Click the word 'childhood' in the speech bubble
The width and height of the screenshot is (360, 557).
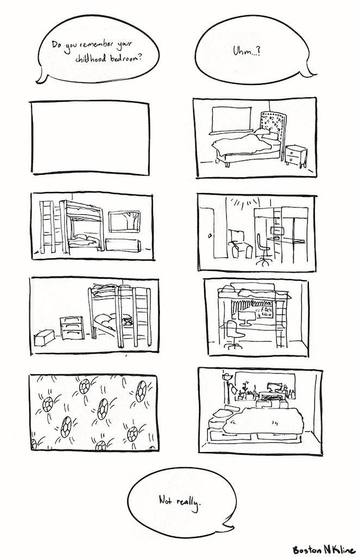[90, 59]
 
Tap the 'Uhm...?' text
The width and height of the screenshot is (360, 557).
[246, 52]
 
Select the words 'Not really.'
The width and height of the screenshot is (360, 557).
[181, 502]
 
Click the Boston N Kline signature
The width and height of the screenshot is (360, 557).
[324, 549]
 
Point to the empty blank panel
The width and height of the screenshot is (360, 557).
[90, 138]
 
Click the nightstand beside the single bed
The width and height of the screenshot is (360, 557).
[296, 156]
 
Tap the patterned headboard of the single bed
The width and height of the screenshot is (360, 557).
[272, 126]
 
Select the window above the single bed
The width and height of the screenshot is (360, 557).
[231, 120]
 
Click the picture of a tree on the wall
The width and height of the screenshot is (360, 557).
[125, 222]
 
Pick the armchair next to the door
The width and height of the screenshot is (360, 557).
[240, 244]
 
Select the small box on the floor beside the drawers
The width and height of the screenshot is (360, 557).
[44, 337]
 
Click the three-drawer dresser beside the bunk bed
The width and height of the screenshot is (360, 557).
[72, 328]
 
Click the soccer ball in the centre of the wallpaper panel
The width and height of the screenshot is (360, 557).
[103, 409]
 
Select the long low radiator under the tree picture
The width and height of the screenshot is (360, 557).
[123, 245]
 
